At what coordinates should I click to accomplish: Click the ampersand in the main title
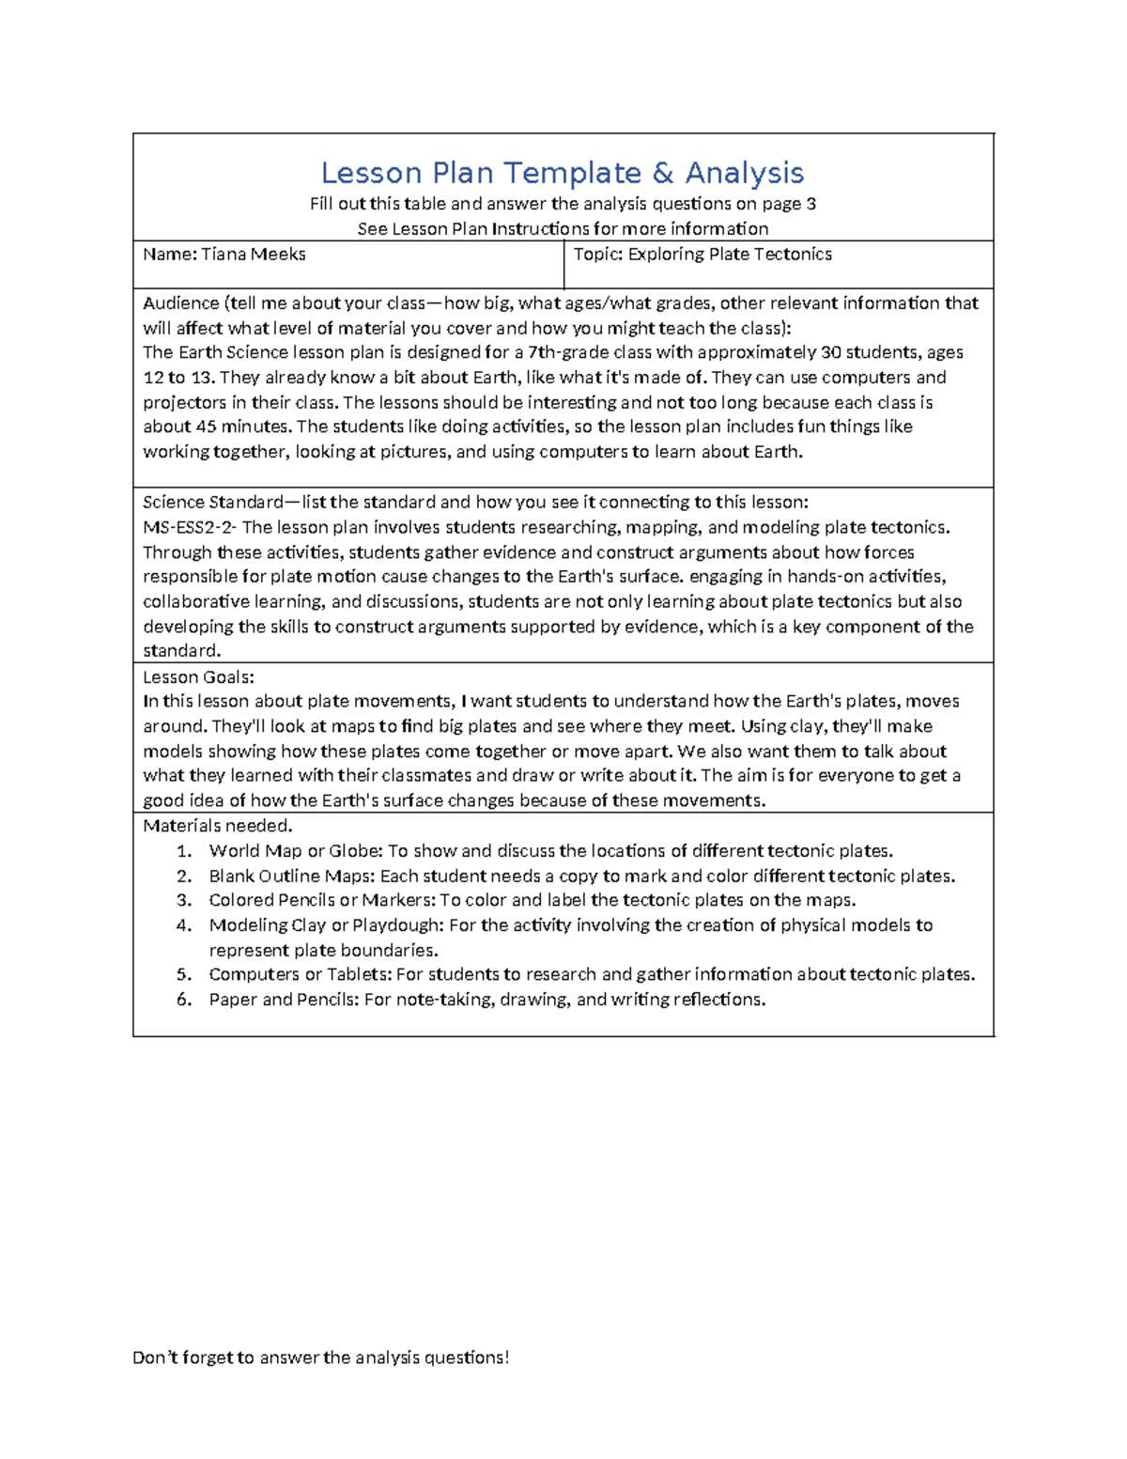click(662, 174)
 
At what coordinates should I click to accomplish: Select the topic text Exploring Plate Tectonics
click(730, 255)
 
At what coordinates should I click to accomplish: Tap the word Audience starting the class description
click(180, 303)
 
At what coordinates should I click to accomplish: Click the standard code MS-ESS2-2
click(189, 528)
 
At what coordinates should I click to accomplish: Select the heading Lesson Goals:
click(198, 677)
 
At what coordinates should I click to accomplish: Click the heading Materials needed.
click(218, 827)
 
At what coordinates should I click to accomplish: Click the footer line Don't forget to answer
click(320, 1358)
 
